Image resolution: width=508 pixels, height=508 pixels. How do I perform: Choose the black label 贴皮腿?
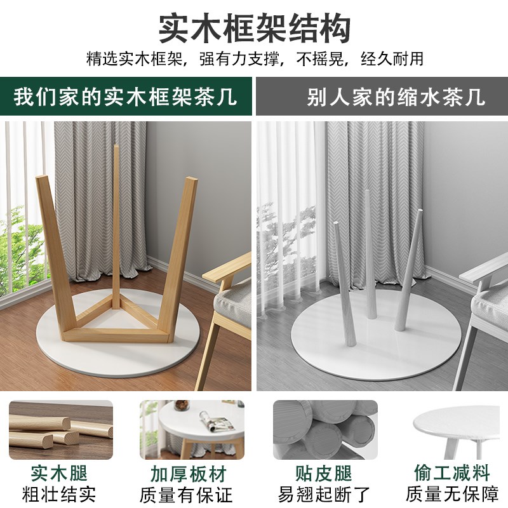coord(316,473)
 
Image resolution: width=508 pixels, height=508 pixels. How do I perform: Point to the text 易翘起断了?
coord(316,494)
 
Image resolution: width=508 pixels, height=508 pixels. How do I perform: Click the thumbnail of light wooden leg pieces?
coord(61,429)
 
